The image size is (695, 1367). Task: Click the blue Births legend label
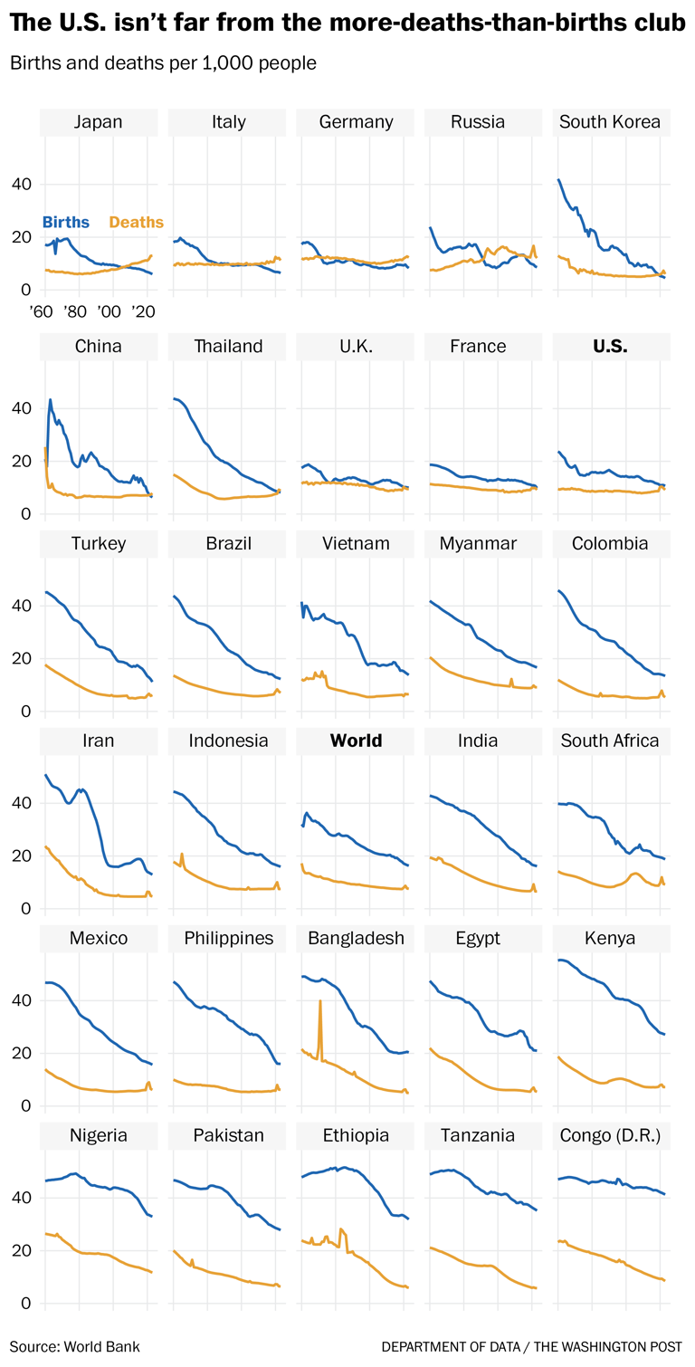tap(66, 222)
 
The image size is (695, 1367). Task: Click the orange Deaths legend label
tap(136, 222)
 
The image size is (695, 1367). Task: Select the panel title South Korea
tap(610, 122)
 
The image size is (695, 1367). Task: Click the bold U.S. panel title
tap(610, 346)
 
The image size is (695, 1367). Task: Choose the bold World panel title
tap(356, 741)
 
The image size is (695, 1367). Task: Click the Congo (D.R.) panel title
tap(610, 1135)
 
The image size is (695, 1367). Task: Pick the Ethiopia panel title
tap(356, 1135)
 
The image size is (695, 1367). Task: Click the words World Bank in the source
tap(102, 1346)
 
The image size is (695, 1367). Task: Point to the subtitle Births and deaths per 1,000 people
tap(163, 64)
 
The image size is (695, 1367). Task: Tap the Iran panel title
tap(99, 741)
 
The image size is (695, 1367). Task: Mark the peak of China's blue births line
tap(51, 399)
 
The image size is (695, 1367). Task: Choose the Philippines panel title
tap(228, 938)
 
